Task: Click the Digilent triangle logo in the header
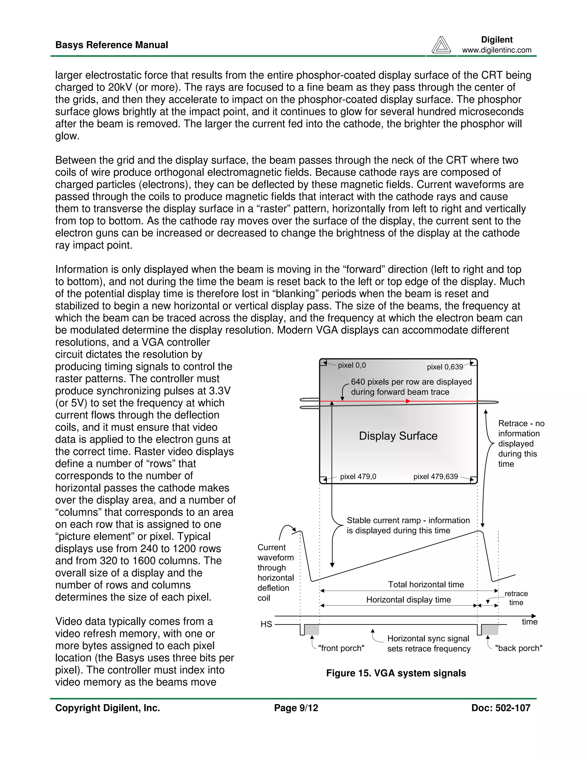tap(441, 45)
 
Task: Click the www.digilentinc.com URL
tap(497, 50)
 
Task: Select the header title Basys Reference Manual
tap(111, 45)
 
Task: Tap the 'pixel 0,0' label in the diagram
tap(352, 365)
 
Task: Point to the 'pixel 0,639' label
tap(445, 367)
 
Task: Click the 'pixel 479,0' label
tap(358, 476)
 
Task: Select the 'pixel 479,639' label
tap(435, 476)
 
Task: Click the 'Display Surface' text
tap(398, 436)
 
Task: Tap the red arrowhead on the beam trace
tap(408, 401)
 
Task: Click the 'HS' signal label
tap(266, 624)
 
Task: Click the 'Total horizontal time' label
tap(426, 584)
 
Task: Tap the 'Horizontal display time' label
tap(408, 600)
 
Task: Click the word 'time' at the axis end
tap(529, 622)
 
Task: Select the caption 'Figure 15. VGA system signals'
tap(396, 673)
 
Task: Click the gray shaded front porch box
tap(312, 630)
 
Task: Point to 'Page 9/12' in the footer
tap(296, 708)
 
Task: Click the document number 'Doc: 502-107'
tap(500, 708)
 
